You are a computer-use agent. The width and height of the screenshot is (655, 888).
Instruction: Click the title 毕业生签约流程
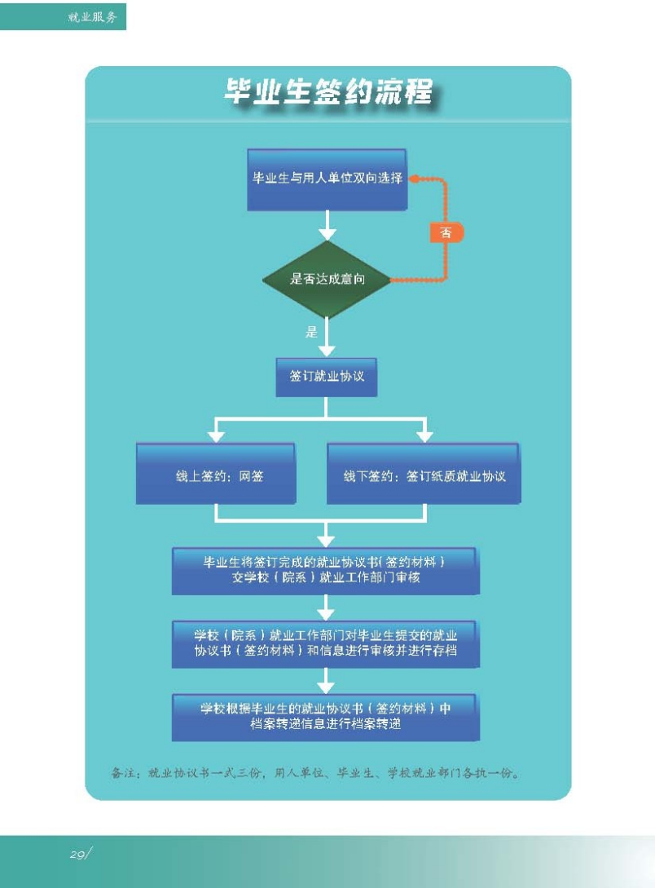[327, 92]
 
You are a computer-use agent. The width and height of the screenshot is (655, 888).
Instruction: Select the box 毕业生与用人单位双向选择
[327, 179]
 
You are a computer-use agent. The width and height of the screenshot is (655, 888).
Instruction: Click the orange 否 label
[446, 232]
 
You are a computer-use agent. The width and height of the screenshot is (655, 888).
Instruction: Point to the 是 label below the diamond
[311, 332]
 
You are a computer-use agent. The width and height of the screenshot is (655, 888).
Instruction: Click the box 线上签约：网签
[216, 475]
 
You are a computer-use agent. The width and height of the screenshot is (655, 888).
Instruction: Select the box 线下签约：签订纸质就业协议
[424, 475]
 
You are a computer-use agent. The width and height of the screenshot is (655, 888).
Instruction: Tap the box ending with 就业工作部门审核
[325, 570]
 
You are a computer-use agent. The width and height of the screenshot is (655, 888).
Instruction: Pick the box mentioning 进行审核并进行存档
[325, 643]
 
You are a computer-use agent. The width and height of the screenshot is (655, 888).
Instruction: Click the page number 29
[79, 854]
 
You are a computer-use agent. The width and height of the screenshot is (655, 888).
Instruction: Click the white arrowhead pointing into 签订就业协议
[327, 349]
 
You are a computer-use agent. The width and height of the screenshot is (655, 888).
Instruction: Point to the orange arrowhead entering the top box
[414, 179]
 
